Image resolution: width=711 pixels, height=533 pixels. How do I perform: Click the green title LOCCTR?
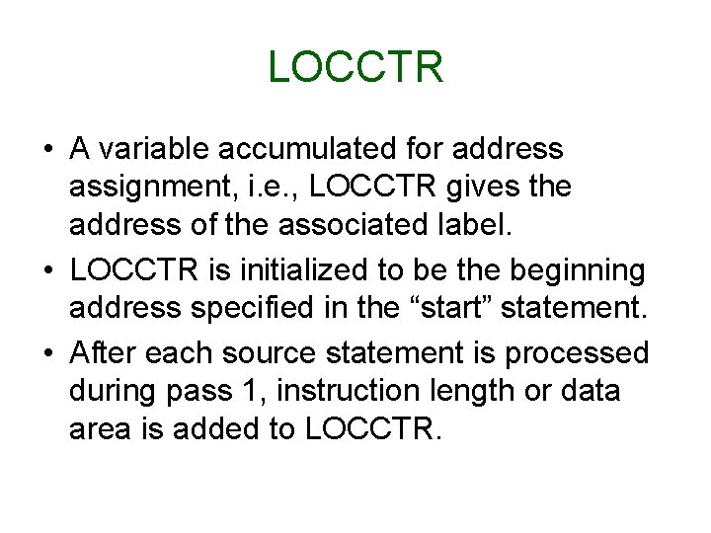pyautogui.click(x=355, y=67)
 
